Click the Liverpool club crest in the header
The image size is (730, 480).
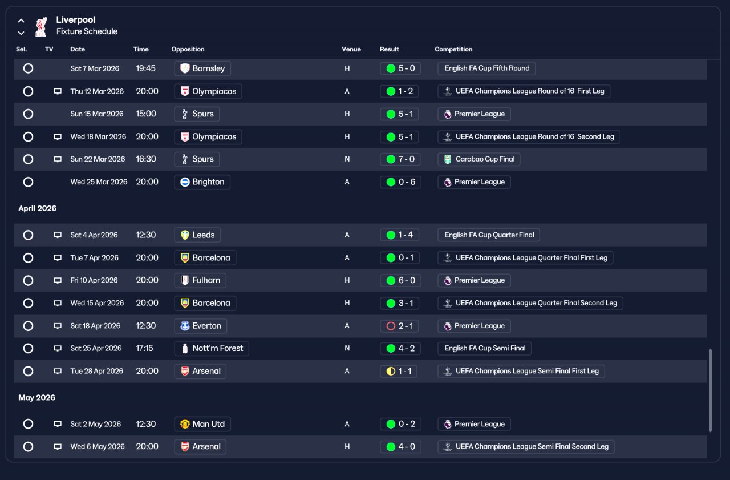click(41, 26)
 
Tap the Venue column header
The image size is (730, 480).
click(351, 49)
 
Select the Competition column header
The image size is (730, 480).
click(453, 49)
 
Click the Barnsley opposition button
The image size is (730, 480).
click(202, 68)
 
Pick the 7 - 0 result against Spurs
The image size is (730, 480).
click(400, 159)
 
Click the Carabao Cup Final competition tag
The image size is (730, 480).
click(478, 159)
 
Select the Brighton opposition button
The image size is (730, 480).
click(202, 182)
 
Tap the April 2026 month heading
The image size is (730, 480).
click(37, 208)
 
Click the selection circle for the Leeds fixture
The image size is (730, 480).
click(28, 235)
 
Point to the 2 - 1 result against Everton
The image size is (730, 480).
click(399, 326)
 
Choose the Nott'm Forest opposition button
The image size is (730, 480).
click(212, 348)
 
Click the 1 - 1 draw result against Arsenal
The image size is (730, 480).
click(398, 371)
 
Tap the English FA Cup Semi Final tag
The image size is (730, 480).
click(484, 348)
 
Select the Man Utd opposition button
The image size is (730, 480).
click(202, 424)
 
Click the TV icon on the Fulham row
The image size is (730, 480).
click(58, 280)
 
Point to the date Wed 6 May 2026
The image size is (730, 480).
click(98, 446)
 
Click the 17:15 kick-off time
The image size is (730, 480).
click(144, 348)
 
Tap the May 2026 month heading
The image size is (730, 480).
click(36, 397)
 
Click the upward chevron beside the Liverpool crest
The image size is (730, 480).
click(21, 21)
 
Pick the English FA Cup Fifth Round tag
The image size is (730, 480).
click(486, 68)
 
